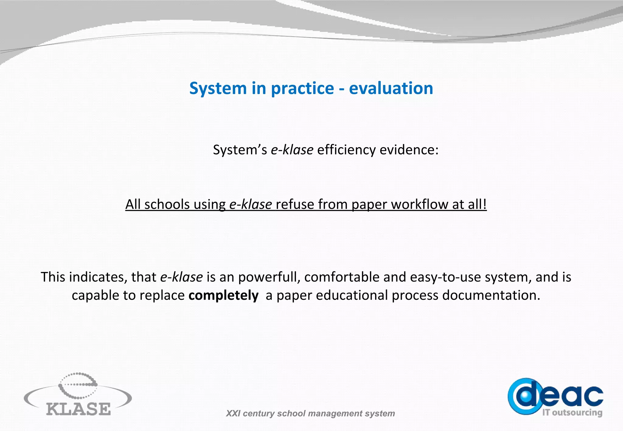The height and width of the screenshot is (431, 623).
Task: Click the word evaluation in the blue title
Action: point(391,88)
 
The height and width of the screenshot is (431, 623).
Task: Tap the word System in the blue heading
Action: point(218,89)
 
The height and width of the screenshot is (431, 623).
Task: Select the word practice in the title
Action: point(302,89)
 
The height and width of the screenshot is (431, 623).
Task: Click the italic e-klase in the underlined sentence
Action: point(250,204)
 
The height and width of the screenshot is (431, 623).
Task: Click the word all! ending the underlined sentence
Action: point(477,204)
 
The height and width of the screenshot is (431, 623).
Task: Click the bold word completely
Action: point(223,295)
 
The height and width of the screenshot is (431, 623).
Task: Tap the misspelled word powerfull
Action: point(269,277)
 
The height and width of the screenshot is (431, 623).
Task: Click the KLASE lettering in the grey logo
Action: point(78,409)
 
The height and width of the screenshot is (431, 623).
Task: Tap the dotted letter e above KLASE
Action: point(78,385)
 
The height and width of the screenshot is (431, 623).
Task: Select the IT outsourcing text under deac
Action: point(572,413)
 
